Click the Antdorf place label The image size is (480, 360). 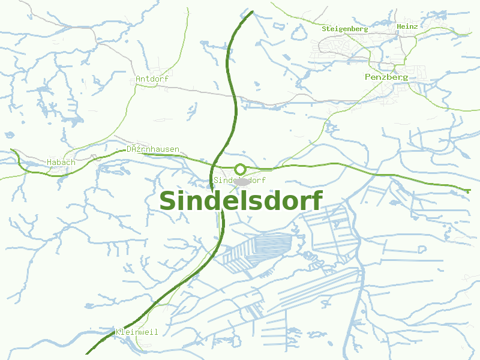pos(152,79)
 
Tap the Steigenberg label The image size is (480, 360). pos(344,29)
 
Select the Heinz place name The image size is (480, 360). pos(407,26)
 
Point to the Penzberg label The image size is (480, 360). pos(386,77)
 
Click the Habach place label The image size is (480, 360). pos(61,162)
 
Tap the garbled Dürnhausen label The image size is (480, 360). pos(152,149)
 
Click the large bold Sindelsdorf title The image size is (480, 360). pos(241,200)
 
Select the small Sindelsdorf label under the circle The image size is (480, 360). pos(239,180)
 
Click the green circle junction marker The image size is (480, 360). pos(240,169)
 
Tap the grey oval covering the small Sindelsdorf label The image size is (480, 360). pos(242,181)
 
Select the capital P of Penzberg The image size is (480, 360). pos(368,77)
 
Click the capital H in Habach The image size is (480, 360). pos(49,162)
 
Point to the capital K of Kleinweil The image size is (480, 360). pos(118,331)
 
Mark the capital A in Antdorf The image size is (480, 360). pos(139,79)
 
